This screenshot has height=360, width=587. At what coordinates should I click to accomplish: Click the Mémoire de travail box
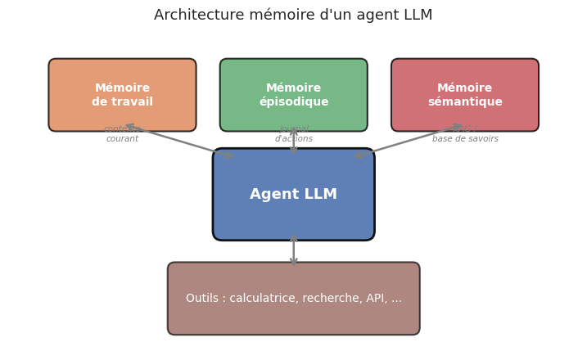[122, 95]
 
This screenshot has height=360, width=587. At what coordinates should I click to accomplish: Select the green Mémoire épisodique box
[293, 95]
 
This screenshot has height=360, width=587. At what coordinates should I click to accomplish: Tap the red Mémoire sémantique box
[464, 95]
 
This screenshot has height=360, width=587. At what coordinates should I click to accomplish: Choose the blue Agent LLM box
[293, 195]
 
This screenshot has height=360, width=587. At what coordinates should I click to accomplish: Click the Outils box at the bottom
[293, 299]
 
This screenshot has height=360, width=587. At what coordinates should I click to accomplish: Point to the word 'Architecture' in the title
[199, 16]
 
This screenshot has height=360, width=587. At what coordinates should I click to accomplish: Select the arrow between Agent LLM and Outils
[293, 250]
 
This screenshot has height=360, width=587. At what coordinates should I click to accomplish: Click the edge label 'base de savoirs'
[465, 139]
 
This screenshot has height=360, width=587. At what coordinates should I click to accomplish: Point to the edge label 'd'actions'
[293, 139]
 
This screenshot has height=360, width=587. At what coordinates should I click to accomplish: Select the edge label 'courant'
[122, 139]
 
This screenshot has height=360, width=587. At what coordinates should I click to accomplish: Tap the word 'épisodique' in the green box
[293, 102]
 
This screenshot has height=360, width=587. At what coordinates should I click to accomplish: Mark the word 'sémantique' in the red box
[464, 102]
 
